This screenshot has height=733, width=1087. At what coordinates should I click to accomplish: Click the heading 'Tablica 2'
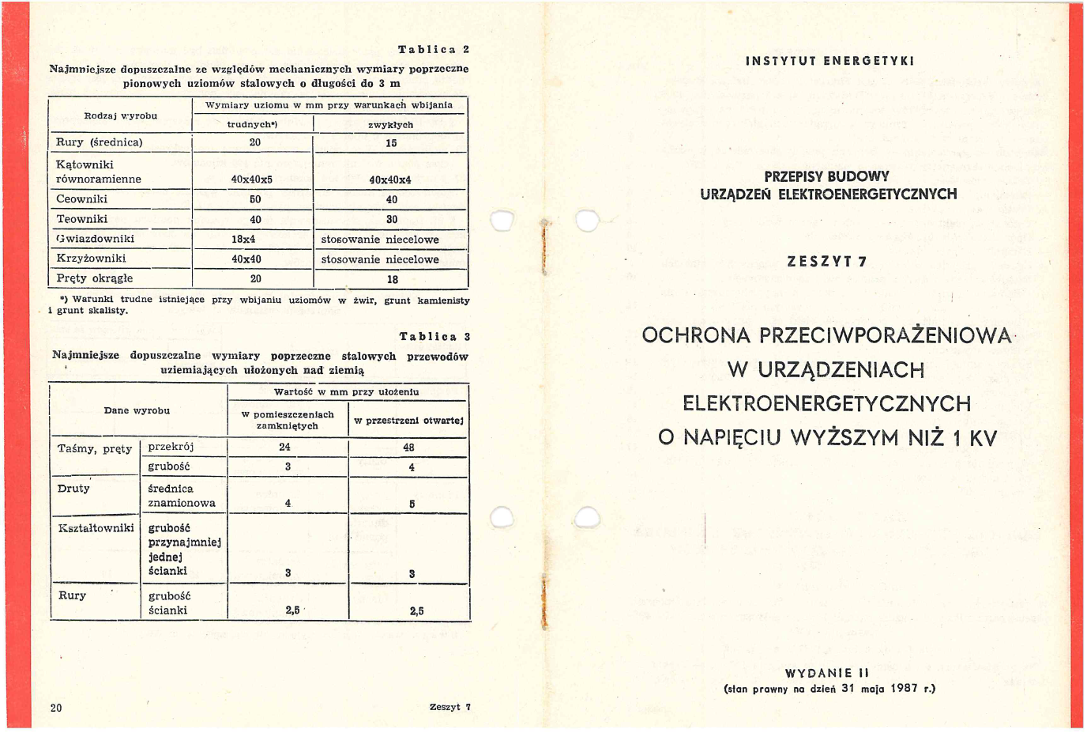433,50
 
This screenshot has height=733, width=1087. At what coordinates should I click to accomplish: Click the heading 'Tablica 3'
434,337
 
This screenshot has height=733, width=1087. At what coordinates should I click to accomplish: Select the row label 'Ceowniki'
82,199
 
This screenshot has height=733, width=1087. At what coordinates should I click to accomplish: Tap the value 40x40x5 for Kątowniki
252,179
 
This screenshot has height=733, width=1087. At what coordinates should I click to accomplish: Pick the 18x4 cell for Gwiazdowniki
243,239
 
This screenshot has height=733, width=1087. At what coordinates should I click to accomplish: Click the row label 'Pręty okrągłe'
95,278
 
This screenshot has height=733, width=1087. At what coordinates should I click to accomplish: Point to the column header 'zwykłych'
390,125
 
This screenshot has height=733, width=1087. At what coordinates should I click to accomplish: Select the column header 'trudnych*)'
252,125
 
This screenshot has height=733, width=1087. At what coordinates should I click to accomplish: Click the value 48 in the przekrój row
408,448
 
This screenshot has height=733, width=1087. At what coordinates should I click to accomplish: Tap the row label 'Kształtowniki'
96,528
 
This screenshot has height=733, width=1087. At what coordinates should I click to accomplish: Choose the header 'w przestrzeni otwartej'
408,421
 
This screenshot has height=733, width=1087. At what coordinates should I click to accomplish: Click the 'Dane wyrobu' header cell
137,411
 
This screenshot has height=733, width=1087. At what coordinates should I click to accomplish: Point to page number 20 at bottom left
56,708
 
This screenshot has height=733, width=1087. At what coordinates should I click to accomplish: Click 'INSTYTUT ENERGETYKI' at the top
829,61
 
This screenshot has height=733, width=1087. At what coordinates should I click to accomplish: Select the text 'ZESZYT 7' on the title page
827,262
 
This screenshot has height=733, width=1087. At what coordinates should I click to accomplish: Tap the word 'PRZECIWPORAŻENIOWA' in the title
886,335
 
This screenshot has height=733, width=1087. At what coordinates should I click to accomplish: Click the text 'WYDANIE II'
827,674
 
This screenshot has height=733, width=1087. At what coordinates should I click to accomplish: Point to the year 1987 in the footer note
904,688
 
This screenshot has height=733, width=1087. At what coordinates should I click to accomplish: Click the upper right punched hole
587,221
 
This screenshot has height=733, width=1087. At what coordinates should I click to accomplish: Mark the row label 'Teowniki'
82,219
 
